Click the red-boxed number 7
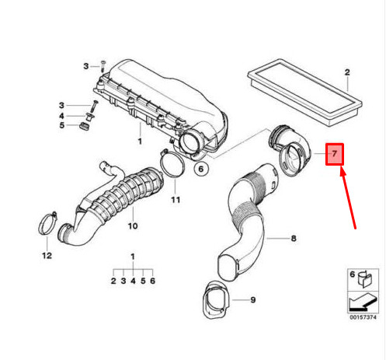(335, 154)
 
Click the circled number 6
(200, 169)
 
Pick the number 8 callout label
(294, 239)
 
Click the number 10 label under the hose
(132, 226)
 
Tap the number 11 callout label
(175, 200)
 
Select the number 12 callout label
(46, 254)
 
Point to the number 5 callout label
(64, 128)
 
